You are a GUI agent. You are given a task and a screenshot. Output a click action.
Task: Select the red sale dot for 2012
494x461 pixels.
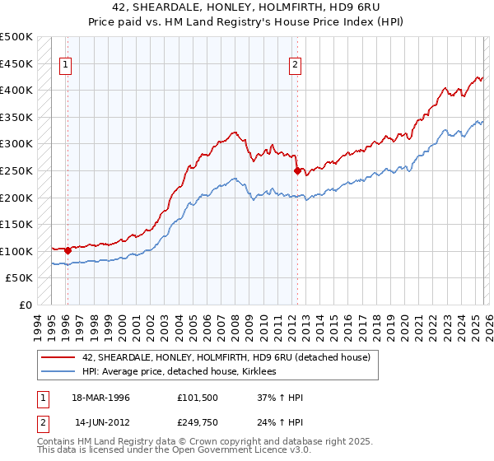click(297, 171)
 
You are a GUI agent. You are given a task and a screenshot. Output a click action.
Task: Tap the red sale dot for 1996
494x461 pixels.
click(68, 250)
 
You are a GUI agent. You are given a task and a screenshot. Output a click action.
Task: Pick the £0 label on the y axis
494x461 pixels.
click(25, 305)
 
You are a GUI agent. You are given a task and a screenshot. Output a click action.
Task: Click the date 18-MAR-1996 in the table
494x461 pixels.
click(102, 398)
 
